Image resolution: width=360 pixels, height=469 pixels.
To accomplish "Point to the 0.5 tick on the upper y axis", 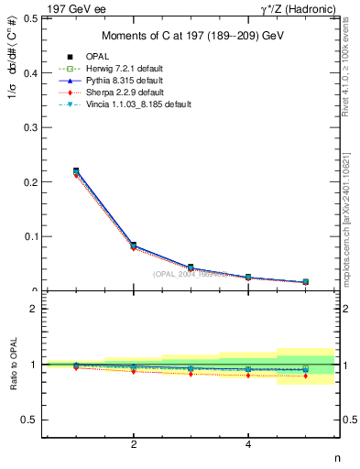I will coord(31,18).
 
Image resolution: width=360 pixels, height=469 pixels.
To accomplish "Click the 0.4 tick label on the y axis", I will coord(31,72).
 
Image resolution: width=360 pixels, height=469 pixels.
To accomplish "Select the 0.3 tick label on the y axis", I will coord(31,127).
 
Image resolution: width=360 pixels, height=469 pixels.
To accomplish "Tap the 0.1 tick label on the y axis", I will coord(31,236).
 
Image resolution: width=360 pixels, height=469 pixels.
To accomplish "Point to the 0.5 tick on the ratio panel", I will coord(31,420).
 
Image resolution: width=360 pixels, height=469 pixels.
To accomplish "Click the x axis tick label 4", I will coord(249,445).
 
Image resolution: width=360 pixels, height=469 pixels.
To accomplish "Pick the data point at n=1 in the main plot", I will coord(76,171).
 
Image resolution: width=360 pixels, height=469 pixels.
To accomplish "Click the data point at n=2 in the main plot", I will coord(134,245).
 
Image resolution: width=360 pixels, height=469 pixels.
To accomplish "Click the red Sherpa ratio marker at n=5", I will coord(306,376).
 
